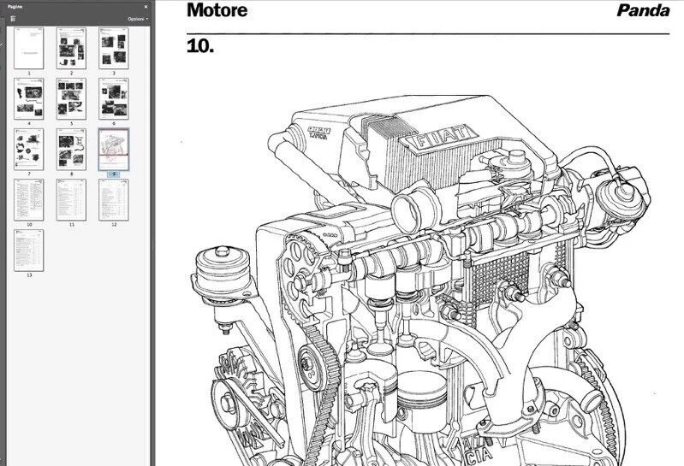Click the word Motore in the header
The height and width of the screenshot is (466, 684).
(217, 10)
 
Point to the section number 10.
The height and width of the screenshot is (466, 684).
(199, 46)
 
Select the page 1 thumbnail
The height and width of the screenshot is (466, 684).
(28, 48)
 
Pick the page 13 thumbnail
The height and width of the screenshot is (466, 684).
(28, 250)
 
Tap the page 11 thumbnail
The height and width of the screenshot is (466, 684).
(70, 199)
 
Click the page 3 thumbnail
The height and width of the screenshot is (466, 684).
(113, 48)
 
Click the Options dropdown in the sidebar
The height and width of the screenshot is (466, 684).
(137, 18)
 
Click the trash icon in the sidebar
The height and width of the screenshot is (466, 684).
(13, 18)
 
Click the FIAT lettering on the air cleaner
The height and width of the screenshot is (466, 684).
(442, 140)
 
